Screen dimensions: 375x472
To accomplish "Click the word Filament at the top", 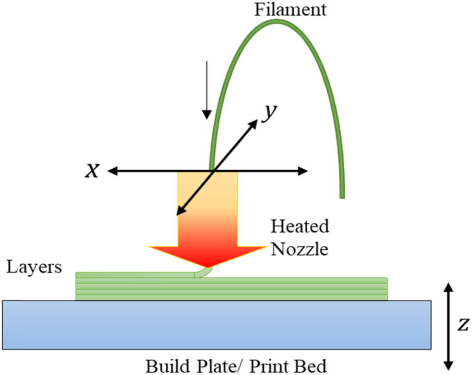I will tap(290, 9).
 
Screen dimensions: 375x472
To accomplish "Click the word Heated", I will tap(300, 227).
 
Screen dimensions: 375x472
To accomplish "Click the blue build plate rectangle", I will tap(217, 324).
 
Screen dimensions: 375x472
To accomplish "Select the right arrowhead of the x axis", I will tap(303, 172).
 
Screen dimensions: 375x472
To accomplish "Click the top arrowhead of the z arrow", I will tap(448, 287).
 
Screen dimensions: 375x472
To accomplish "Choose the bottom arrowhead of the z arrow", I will tap(448, 365).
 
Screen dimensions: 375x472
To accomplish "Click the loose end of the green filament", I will tap(342, 195).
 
